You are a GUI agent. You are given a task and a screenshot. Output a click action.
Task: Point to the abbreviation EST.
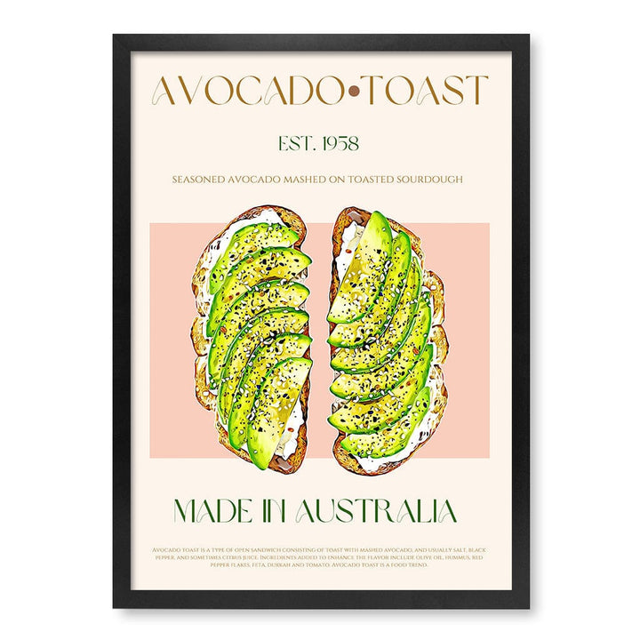pyautogui.click(x=298, y=142)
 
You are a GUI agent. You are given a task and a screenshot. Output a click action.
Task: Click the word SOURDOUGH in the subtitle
pyautogui.click(x=423, y=180)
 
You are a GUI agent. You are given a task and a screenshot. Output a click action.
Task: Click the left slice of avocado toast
pyautogui.click(x=252, y=338)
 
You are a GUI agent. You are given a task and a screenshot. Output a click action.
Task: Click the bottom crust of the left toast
pyautogui.click(x=267, y=465)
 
